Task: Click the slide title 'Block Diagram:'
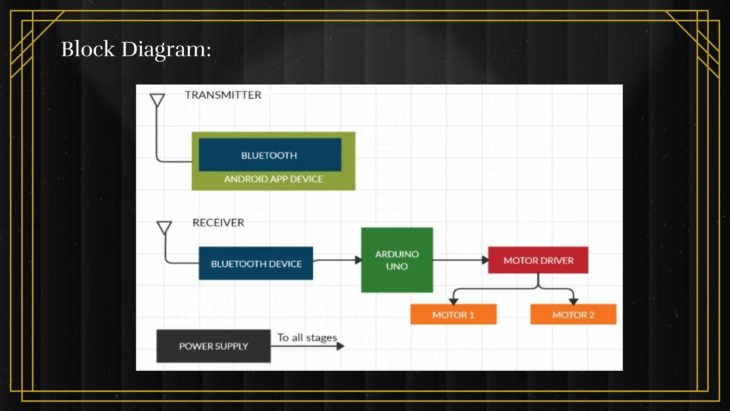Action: click(x=136, y=49)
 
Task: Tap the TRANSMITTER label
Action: click(x=223, y=95)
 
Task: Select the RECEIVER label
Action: click(x=218, y=223)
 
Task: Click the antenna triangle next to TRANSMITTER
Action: click(x=157, y=100)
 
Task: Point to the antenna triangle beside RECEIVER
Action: click(x=164, y=227)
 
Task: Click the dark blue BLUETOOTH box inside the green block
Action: click(x=269, y=155)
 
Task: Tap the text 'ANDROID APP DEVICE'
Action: click(x=273, y=179)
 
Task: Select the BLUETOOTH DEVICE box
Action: click(x=256, y=264)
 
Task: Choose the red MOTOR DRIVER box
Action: click(x=538, y=260)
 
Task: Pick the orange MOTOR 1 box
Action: click(x=453, y=315)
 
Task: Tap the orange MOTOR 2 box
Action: click(x=573, y=315)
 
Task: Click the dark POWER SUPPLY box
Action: click(x=213, y=346)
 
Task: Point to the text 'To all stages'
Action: click(x=307, y=338)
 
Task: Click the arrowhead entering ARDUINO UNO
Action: click(x=358, y=260)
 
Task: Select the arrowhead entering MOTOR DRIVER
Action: click(x=485, y=260)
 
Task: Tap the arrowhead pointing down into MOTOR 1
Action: click(x=453, y=301)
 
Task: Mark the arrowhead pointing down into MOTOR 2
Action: click(x=573, y=301)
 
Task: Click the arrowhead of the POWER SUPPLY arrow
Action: click(x=340, y=346)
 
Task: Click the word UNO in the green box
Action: click(x=397, y=267)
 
